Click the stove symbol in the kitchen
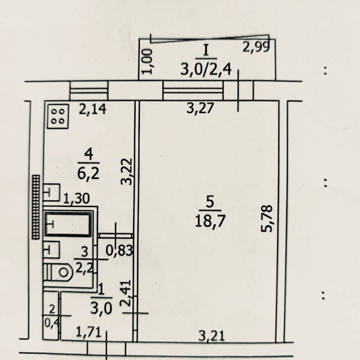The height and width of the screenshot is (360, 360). click(x=58, y=116)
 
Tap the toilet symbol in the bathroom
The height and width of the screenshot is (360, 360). click(x=58, y=273)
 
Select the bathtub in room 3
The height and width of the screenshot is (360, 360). click(x=68, y=224)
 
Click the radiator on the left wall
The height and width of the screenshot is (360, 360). click(x=36, y=207)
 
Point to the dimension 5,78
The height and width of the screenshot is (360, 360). click(x=267, y=219)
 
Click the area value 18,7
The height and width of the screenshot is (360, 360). click(x=210, y=221)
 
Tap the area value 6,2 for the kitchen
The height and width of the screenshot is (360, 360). click(x=88, y=174)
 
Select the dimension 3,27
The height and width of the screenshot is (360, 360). click(x=200, y=108)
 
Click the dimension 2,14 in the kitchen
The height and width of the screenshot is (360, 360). click(x=93, y=109)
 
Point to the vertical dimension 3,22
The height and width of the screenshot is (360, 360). click(x=127, y=171)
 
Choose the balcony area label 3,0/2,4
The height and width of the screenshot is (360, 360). click(x=206, y=69)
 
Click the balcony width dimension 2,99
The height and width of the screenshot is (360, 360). click(x=256, y=47)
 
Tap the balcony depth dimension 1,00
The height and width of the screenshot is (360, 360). click(x=147, y=61)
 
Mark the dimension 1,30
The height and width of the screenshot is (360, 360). click(x=76, y=199)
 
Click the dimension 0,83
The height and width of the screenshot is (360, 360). click(x=119, y=250)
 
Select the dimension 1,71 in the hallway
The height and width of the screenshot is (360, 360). click(x=88, y=332)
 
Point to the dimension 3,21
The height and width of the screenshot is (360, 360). click(x=211, y=336)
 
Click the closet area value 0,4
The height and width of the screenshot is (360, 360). click(x=52, y=323)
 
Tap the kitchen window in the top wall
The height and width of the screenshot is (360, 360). click(x=89, y=91)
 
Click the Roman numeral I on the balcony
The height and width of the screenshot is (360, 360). click(x=206, y=50)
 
